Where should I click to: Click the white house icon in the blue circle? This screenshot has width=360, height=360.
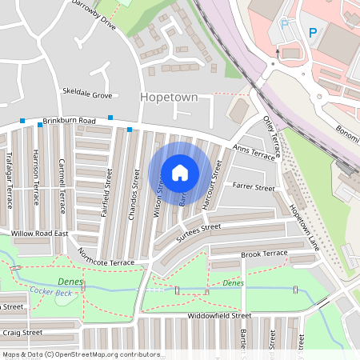pyautogui.click(x=180, y=172)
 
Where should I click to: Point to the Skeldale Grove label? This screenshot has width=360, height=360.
pyautogui.click(x=86, y=94)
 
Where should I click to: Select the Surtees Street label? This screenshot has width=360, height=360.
pyautogui.click(x=198, y=229)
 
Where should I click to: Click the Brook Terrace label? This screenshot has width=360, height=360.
pyautogui.click(x=264, y=254)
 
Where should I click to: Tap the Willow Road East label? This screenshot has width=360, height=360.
pyautogui.click(x=39, y=234)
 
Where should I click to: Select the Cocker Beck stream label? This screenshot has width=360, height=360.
pyautogui.click(x=48, y=291)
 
